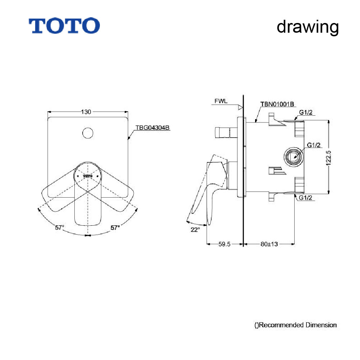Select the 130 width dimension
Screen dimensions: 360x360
(x=86, y=112)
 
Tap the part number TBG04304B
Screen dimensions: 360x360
(x=152, y=128)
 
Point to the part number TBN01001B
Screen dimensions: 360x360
(x=277, y=104)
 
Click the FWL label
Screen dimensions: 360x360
(x=221, y=101)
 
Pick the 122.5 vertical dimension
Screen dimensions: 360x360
(x=328, y=158)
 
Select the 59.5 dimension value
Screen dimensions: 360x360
(x=224, y=244)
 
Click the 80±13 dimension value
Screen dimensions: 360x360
(x=269, y=244)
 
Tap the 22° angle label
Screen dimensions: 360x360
(x=195, y=230)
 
